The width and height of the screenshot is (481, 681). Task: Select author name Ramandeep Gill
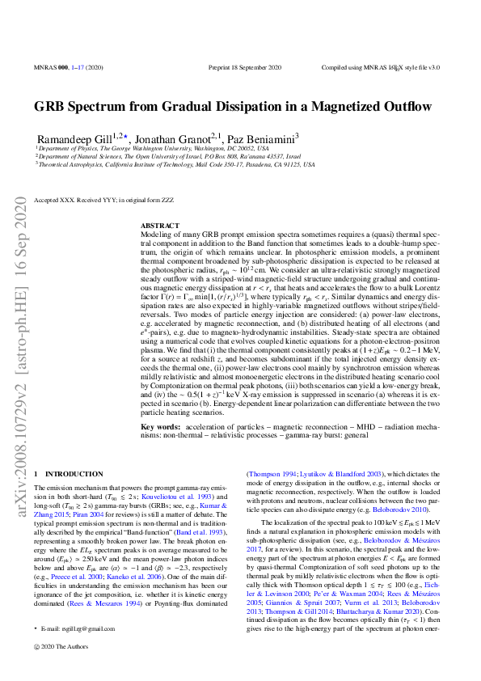pyautogui.click(x=74, y=138)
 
